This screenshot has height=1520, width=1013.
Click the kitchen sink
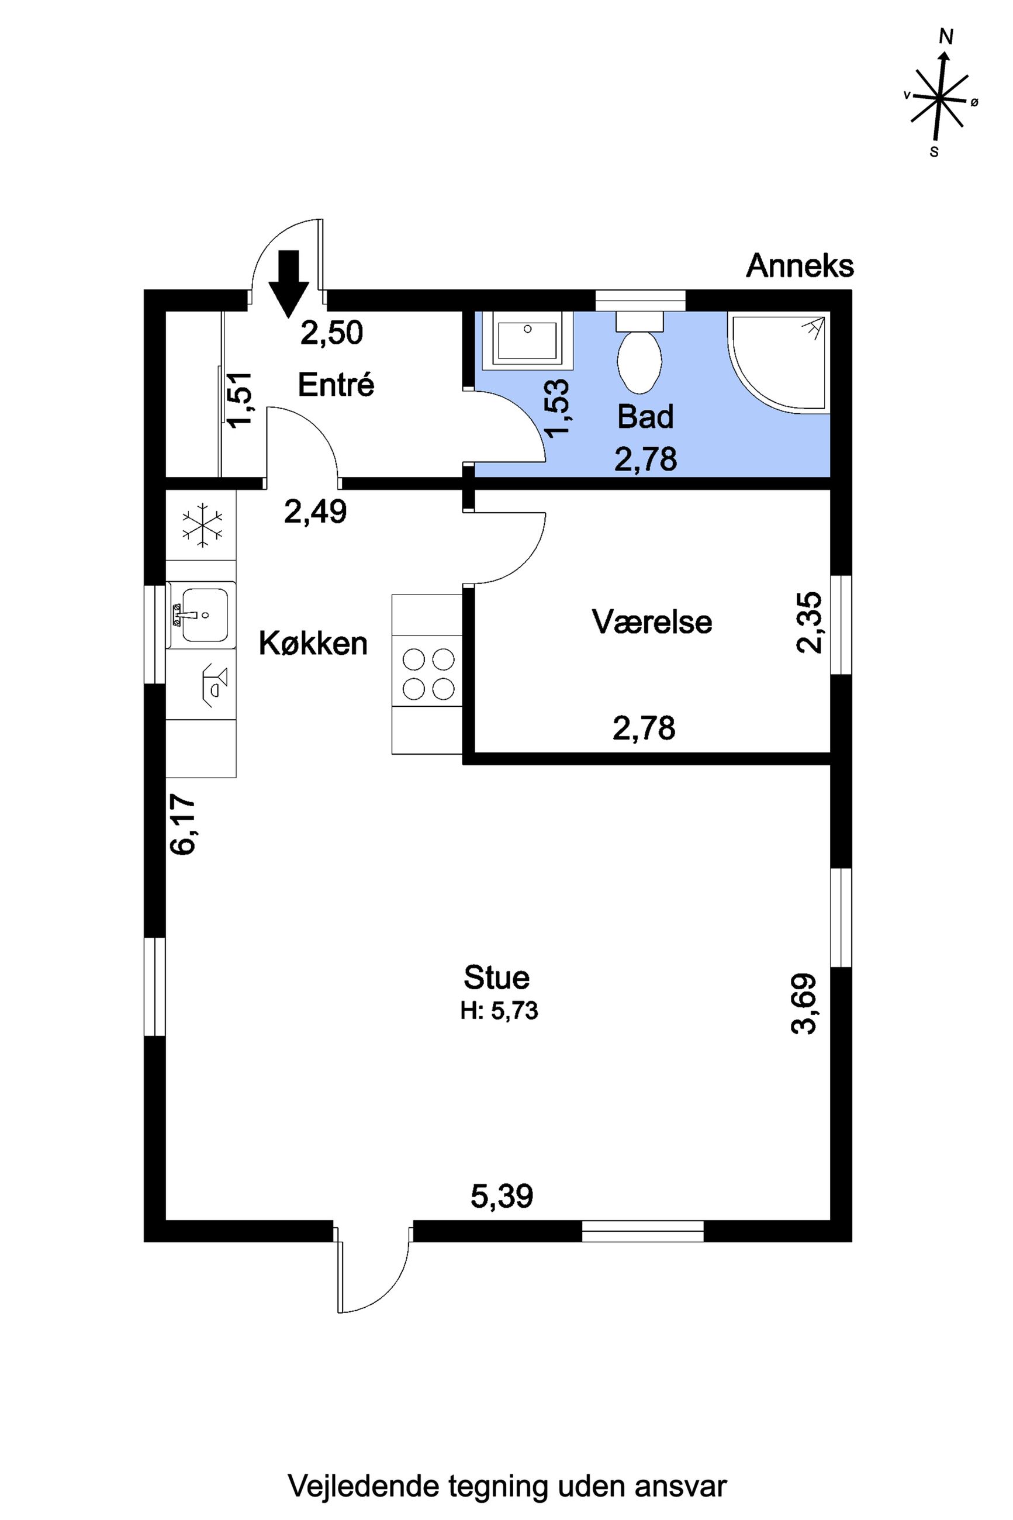point(201,614)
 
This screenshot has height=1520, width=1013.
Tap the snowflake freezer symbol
point(203,524)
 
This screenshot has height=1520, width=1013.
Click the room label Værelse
point(652,621)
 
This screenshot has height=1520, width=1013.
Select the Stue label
point(496,977)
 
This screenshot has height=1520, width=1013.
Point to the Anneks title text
point(800,265)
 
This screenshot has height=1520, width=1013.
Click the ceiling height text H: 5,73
point(499,1010)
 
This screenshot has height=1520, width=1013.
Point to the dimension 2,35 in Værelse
point(810,623)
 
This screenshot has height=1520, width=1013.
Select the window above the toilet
point(639,300)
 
